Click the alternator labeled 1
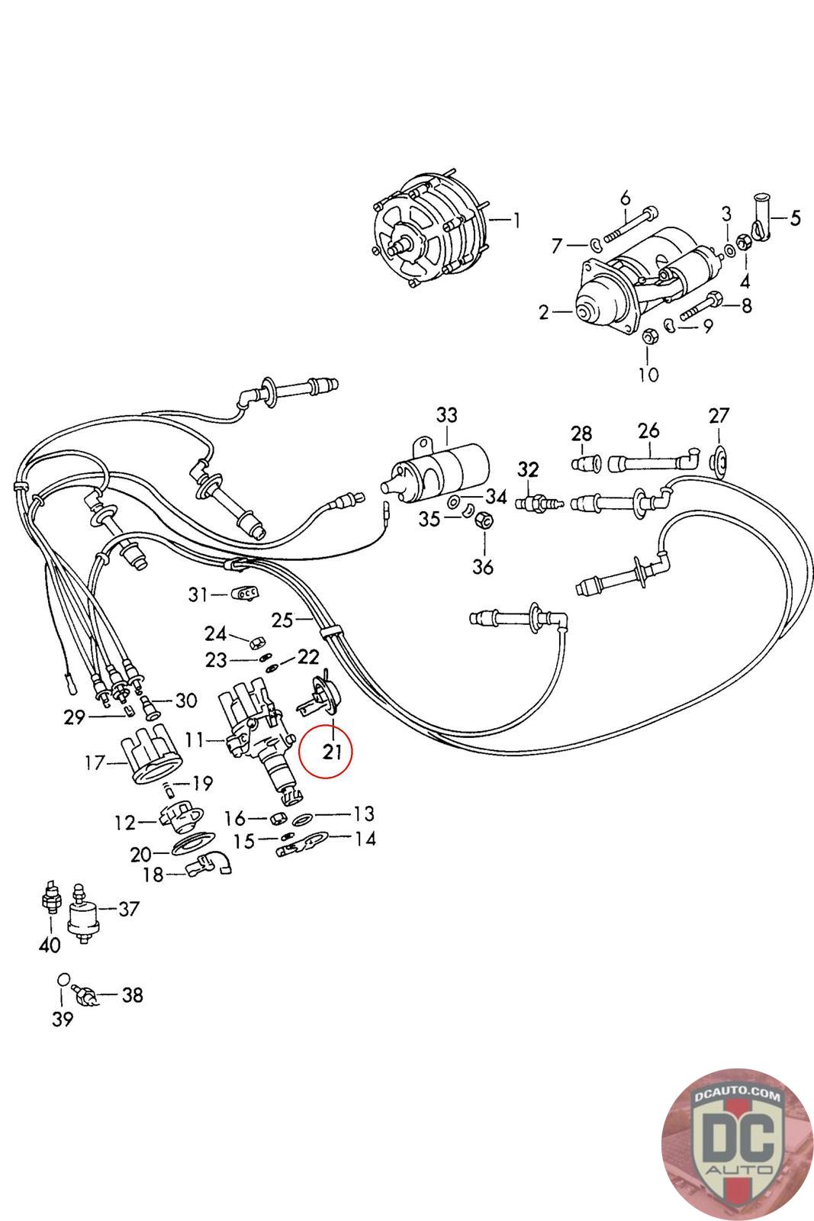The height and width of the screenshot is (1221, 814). [x=429, y=232]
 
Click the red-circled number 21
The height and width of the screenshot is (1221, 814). [x=332, y=752]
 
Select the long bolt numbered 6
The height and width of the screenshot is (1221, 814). [x=631, y=224]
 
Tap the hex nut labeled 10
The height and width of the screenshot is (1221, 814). [x=648, y=337]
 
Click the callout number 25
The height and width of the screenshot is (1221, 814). [x=282, y=620]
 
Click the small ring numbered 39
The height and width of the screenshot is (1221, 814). [x=63, y=979]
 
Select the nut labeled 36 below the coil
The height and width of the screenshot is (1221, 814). [x=484, y=520]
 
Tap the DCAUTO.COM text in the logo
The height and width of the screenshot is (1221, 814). [x=738, y=1095]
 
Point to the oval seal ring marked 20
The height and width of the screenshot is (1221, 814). [x=193, y=844]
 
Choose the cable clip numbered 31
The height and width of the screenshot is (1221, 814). [x=246, y=592]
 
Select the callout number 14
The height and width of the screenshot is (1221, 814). [x=365, y=839]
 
